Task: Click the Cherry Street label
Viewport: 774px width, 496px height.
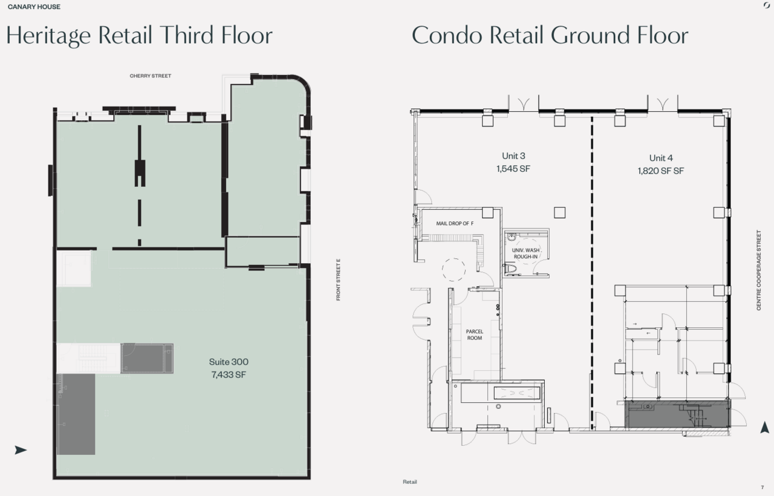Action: tap(151, 76)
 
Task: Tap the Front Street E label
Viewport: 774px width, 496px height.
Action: tap(338, 279)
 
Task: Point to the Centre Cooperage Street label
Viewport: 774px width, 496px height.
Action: tap(759, 270)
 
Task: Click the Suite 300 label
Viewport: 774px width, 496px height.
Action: tap(229, 362)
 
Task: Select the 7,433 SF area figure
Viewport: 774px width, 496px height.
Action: tap(229, 374)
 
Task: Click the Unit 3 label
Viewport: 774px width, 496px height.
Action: tap(513, 156)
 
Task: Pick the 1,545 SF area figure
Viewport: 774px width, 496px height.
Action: tap(513, 169)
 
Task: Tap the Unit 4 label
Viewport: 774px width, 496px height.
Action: tap(661, 158)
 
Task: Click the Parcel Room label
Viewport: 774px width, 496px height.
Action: tap(475, 334)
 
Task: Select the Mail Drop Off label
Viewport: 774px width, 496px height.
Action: tap(455, 224)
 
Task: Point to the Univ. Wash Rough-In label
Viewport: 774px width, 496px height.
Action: tap(525, 253)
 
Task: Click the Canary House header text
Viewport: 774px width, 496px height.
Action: tap(34, 7)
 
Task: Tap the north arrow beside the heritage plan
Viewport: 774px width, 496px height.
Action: tap(21, 450)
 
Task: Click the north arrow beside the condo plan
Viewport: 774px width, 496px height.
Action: tap(765, 427)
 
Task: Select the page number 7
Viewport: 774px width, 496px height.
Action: tap(763, 488)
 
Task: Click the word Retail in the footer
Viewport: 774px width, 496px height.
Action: tap(410, 482)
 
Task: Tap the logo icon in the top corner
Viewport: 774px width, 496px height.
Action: tap(766, 5)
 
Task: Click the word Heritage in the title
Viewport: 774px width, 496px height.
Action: tap(49, 36)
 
